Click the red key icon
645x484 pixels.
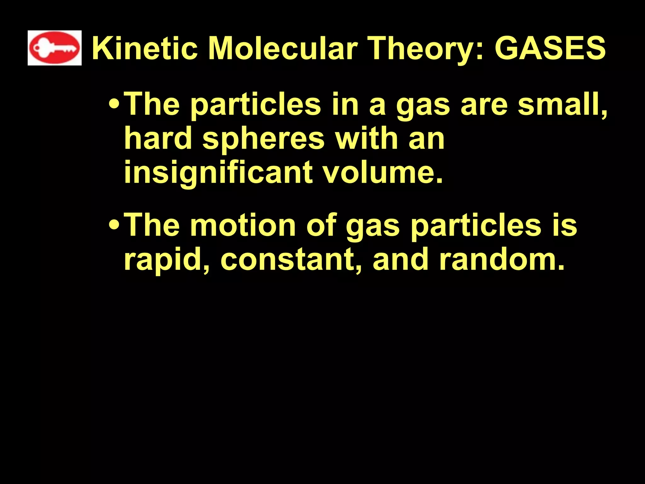[x=54, y=48]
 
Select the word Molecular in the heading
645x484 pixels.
[x=283, y=49]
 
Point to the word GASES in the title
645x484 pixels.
[x=550, y=49]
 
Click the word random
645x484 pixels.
[x=501, y=260]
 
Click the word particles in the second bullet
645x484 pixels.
[x=476, y=226]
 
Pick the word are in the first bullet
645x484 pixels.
[x=484, y=105]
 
